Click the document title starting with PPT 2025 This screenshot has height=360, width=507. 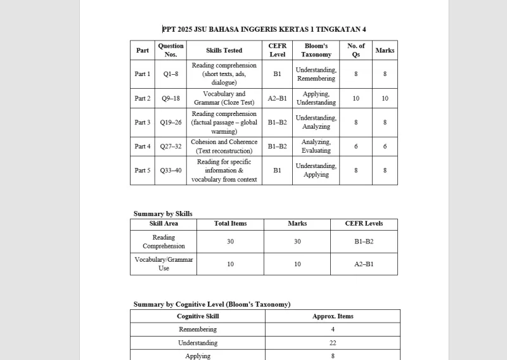264,29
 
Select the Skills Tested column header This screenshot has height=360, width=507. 224,51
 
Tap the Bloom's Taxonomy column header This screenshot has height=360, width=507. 316,51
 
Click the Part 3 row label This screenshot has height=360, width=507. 143,122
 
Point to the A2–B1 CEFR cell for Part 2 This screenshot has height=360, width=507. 277,98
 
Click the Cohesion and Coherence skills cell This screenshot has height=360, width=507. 224,146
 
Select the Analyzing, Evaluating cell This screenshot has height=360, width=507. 316,146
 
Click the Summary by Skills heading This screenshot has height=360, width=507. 163,214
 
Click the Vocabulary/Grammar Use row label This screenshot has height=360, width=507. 164,264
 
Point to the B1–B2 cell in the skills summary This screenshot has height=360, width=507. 364,241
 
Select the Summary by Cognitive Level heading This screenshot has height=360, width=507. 212,304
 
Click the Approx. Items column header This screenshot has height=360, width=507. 333,316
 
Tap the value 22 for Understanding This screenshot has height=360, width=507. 333,343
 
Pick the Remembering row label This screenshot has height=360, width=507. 198,330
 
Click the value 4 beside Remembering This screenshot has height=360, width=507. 333,330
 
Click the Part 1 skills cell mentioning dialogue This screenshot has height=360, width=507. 224,74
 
